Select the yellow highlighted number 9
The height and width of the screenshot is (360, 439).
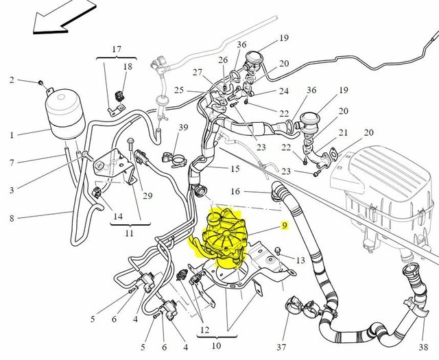pos(283,224)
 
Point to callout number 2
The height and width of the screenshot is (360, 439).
pos(12,81)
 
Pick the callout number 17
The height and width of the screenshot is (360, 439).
pos(116,49)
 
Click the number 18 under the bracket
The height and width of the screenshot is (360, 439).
pos(128,67)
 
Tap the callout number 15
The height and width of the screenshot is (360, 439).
pos(235,169)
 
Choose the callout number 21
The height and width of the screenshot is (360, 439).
pos(344,132)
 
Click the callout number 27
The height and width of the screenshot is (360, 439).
pos(198,73)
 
